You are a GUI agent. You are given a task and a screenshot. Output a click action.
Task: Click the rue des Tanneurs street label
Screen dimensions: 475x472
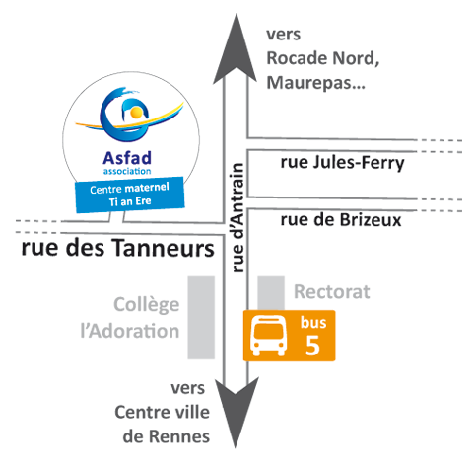click(117, 248)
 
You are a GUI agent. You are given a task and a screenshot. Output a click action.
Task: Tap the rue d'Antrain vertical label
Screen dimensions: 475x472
click(237, 217)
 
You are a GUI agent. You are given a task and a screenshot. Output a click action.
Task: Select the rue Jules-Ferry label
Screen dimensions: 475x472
click(342, 163)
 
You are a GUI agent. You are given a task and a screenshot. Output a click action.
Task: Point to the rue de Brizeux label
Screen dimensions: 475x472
click(341, 220)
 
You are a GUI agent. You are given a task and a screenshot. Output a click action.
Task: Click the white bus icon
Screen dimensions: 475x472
click(268, 336)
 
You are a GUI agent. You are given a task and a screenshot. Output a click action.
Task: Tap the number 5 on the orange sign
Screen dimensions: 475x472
click(312, 345)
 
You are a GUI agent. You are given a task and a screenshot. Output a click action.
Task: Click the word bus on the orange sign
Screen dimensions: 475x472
click(313, 322)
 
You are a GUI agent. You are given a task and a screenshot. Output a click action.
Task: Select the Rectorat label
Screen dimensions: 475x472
click(332, 292)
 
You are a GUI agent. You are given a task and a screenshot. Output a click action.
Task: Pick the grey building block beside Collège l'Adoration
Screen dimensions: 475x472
click(201, 318)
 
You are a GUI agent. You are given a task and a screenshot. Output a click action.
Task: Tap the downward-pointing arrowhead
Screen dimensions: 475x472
click(236, 412)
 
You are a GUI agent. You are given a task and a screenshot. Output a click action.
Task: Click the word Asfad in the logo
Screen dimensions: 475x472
click(127, 158)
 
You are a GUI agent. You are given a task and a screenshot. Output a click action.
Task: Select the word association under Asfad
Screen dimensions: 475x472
click(127, 171)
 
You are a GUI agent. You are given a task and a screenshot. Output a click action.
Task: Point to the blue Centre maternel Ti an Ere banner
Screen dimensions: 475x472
click(130, 195)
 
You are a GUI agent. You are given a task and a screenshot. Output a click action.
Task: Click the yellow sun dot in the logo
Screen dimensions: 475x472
click(135, 114)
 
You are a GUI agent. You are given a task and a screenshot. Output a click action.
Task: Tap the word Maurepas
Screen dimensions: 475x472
click(315, 83)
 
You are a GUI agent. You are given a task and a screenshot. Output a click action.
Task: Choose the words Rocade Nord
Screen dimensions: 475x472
click(320, 58)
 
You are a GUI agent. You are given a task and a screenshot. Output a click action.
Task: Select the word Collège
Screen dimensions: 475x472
click(147, 305)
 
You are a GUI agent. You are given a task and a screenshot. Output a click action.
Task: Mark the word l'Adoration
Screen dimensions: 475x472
click(130, 331)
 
